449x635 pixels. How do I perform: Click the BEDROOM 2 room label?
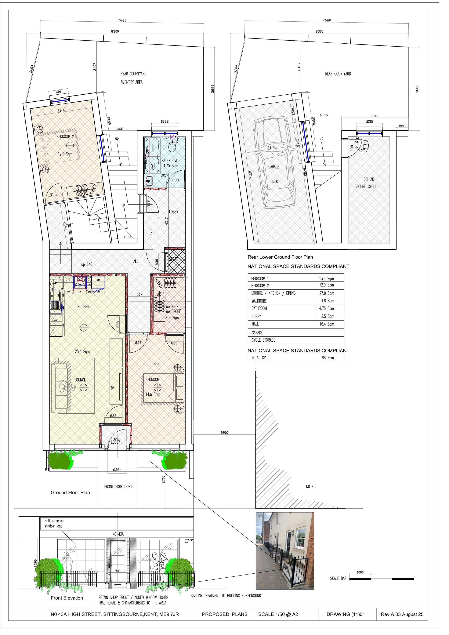pos(65,137)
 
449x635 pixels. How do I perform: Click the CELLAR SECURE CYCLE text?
pos(366,183)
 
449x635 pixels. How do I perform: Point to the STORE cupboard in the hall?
pos(175,260)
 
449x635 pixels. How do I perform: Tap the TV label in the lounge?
pos(112,388)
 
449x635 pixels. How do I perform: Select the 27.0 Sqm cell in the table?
pos(326,293)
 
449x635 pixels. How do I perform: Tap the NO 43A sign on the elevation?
pos(118,534)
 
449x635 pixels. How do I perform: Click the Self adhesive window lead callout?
pos(54,523)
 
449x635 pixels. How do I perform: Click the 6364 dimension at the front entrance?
pos(117,470)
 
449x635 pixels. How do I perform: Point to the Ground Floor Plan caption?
pos(70,493)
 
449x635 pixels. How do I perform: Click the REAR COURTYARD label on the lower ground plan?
pos(338,74)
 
